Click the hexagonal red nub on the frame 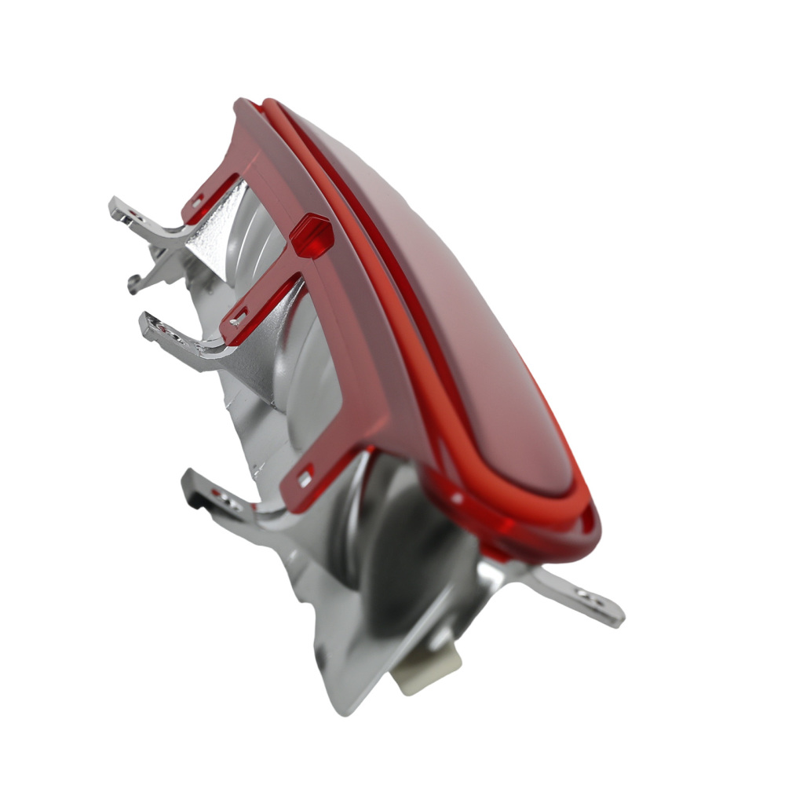coord(312,235)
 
